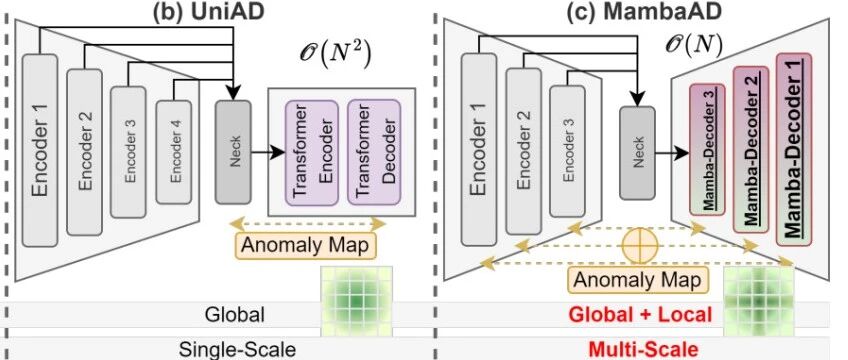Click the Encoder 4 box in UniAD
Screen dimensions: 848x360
(x=174, y=152)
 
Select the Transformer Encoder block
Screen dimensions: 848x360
(x=312, y=152)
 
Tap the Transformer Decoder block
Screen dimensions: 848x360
(x=374, y=152)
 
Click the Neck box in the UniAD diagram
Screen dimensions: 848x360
(x=233, y=152)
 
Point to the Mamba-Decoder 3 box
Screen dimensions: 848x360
(x=707, y=150)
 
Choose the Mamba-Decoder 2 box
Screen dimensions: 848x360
(x=751, y=149)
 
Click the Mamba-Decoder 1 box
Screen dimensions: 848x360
(x=794, y=149)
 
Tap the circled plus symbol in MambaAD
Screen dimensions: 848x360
(x=640, y=246)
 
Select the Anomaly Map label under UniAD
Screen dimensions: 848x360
(x=306, y=245)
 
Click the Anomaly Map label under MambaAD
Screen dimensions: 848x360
(x=638, y=280)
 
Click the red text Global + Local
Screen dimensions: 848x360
(x=641, y=314)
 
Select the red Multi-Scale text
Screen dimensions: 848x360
(x=642, y=349)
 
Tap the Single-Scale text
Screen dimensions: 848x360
(x=237, y=349)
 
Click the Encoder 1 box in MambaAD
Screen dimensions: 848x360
(x=479, y=150)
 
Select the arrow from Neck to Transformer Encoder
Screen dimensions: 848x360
(x=268, y=152)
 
